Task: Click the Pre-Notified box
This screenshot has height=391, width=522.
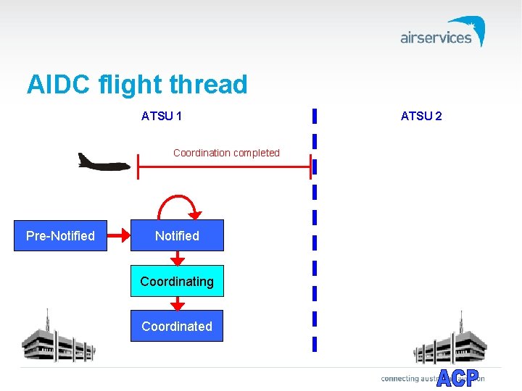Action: coord(60,236)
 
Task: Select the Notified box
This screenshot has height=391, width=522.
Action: coord(177,236)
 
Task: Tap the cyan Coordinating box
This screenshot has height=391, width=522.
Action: coord(177,282)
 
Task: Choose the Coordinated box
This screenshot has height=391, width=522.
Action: coord(177,327)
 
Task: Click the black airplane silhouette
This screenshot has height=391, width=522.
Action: coord(103,161)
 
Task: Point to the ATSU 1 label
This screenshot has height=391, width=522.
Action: coord(162,116)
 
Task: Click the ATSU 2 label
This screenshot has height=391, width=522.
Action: coord(421,116)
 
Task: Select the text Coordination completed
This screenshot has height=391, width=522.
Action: coord(226,153)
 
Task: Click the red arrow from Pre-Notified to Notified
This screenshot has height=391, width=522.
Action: coord(118,236)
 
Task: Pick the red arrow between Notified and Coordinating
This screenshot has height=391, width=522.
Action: coord(177,258)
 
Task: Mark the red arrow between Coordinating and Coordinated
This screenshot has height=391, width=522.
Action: coord(177,303)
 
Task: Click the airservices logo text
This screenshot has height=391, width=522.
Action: coord(435,38)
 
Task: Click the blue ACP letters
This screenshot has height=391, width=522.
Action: coord(457,377)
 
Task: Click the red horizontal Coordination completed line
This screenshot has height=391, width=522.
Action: coord(225,167)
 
